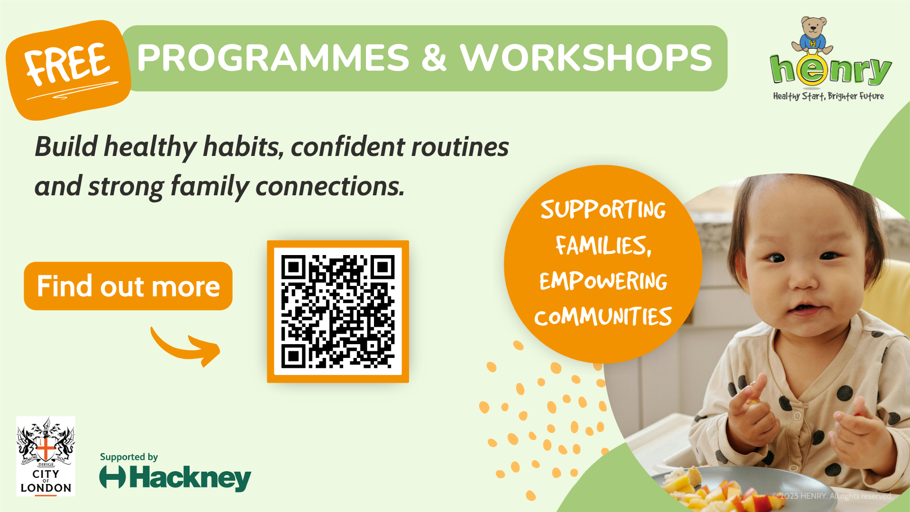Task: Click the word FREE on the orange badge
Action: (x=68, y=64)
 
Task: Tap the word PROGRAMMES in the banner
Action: (x=273, y=58)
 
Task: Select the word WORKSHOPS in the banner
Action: (x=586, y=58)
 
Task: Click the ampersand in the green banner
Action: (x=434, y=58)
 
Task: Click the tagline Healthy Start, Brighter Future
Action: (x=828, y=96)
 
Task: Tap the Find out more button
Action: (x=128, y=286)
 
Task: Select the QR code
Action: (x=338, y=311)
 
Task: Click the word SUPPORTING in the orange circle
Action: (x=603, y=210)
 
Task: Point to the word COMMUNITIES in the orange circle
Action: (x=603, y=316)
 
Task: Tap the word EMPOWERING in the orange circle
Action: (x=603, y=281)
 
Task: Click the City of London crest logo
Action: (x=46, y=456)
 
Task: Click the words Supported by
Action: (x=129, y=457)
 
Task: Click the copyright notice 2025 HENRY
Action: (x=832, y=496)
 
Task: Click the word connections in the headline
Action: (x=330, y=186)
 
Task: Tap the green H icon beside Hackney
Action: (x=112, y=477)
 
